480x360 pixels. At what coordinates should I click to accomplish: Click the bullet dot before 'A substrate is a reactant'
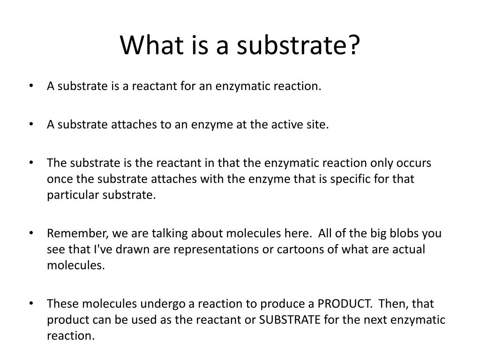(31, 86)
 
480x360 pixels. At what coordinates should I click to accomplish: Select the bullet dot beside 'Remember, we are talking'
(31, 233)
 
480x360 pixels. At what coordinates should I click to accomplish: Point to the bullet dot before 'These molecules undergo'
(31, 304)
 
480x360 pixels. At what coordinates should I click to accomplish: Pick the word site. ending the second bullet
(318, 125)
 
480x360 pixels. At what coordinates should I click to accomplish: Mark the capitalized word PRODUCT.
(345, 304)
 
